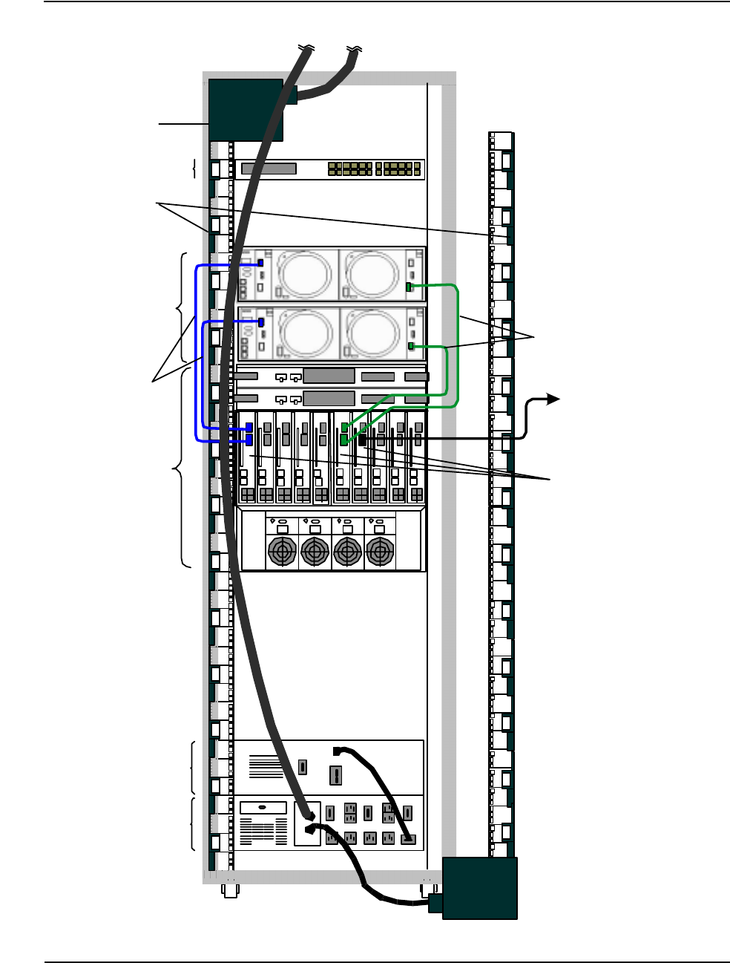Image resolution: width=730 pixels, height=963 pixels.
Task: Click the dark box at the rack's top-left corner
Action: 246,110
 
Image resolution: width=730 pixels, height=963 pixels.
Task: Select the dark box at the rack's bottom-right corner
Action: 479,888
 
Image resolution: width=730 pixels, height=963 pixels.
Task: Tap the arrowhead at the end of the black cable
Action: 553,399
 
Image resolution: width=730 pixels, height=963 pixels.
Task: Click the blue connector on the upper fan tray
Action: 260,264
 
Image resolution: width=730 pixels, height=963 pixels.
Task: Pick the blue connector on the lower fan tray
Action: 261,322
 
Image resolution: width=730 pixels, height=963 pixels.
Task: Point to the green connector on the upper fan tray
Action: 410,287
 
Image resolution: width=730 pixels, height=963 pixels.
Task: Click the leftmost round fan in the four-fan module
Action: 282,552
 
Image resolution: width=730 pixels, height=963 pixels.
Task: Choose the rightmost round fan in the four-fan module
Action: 380,552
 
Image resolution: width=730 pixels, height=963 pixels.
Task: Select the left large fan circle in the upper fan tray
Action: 306,273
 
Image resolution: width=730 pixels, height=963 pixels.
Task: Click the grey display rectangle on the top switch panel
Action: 269,169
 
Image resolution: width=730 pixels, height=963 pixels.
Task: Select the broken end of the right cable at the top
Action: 355,49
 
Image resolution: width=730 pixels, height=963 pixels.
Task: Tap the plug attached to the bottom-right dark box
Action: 435,902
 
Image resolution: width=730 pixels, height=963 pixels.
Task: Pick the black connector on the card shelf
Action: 363,439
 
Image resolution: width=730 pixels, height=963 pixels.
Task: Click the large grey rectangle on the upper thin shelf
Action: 329,376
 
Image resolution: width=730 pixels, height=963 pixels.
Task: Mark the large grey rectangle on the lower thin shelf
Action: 329,398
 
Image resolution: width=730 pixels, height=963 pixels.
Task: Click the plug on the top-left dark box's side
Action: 290,95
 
